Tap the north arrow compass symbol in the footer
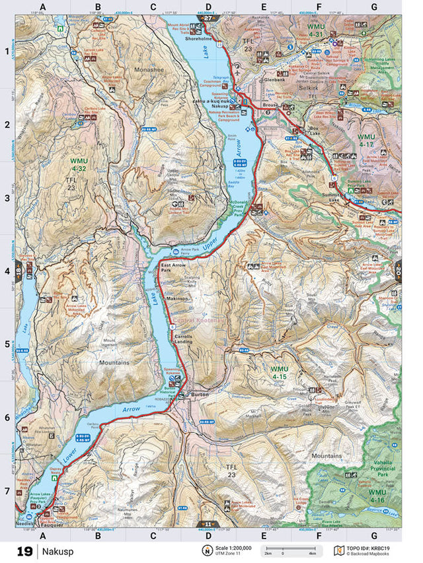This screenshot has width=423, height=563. click(207, 550)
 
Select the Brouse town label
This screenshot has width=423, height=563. click(270, 106)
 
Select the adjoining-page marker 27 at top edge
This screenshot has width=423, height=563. click(208, 20)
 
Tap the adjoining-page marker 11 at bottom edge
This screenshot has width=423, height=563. click(208, 525)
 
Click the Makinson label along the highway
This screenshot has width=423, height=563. click(177, 299)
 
